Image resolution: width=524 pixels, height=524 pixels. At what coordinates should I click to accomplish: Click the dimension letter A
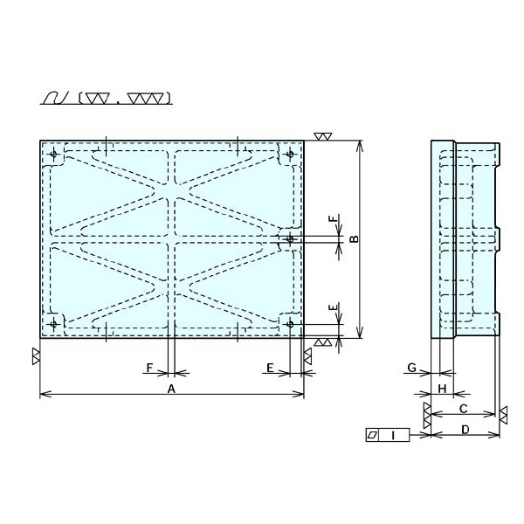click(x=171, y=389)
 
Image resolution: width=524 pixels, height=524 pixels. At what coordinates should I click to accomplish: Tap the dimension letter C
click(x=463, y=409)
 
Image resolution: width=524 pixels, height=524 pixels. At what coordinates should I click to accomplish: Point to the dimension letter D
click(x=465, y=430)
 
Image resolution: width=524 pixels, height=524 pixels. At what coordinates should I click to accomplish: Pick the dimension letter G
click(x=412, y=368)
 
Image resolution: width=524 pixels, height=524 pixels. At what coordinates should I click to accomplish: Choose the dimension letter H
click(x=442, y=389)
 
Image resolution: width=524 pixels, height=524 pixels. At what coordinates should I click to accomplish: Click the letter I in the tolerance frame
click(x=393, y=435)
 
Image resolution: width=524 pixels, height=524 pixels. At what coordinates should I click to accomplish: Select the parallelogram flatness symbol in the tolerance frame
click(x=372, y=435)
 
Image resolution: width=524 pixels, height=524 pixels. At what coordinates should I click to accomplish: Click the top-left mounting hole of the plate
click(x=53, y=154)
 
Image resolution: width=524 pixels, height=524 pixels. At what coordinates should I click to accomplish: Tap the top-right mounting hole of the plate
click(x=290, y=154)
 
